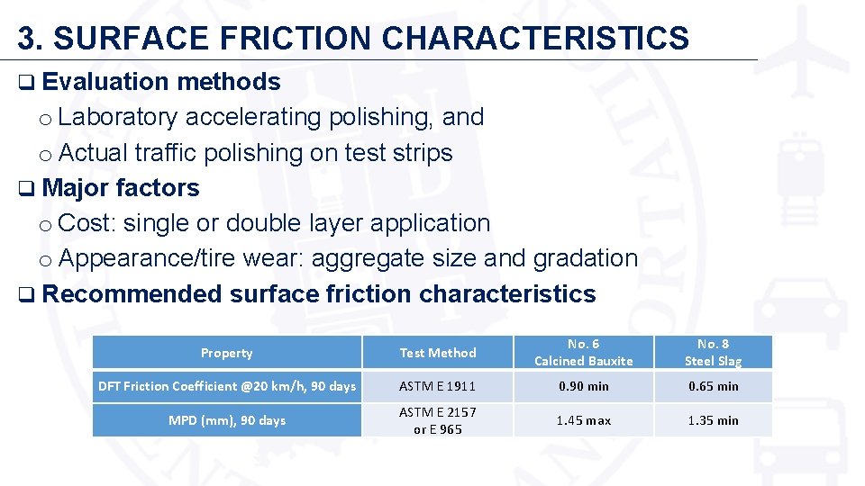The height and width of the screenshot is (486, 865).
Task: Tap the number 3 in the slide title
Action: (x=28, y=38)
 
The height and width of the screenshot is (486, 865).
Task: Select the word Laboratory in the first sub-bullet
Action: (x=122, y=117)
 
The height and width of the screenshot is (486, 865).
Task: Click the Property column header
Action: (x=227, y=353)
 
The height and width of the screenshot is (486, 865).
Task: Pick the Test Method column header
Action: (x=438, y=353)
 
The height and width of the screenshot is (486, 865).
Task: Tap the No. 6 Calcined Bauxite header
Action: (x=584, y=352)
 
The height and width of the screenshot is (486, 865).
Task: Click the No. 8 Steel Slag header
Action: (x=713, y=352)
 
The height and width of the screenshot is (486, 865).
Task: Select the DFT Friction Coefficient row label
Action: (x=227, y=386)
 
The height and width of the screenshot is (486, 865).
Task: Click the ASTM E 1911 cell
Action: (x=438, y=386)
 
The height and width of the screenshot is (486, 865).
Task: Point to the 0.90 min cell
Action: (x=584, y=386)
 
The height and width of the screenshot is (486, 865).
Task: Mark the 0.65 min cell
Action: (x=713, y=386)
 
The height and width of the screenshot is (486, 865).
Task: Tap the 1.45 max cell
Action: (x=584, y=420)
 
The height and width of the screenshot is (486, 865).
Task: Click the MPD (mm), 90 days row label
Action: (x=227, y=420)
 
